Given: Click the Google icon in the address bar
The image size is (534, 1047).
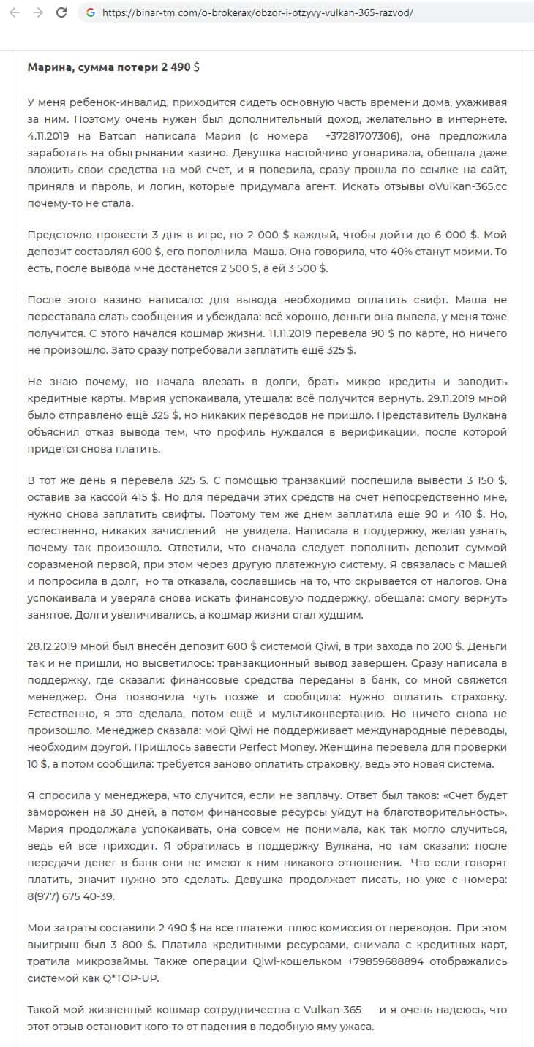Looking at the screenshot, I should [91, 12].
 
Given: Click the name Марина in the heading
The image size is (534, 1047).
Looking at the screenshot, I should [48, 67].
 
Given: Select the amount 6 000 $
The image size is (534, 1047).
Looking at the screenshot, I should [453, 235].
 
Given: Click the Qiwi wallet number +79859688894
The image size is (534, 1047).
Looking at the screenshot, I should [385, 961].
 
